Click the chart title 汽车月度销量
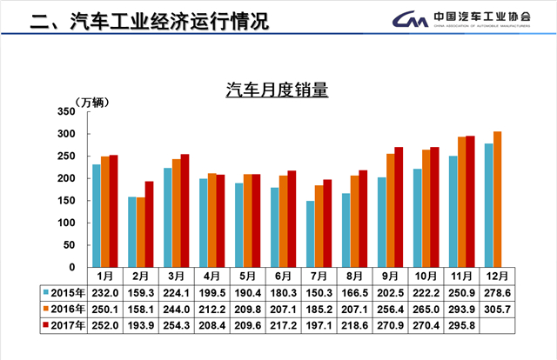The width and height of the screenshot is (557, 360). click(277, 90)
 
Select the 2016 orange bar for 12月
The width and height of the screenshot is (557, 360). click(498, 199)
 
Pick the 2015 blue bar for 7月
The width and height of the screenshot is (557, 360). click(310, 234)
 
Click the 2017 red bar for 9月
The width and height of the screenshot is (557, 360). click(399, 207)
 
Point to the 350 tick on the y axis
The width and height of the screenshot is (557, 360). click(67, 112)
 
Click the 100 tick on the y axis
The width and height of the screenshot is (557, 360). click(67, 223)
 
